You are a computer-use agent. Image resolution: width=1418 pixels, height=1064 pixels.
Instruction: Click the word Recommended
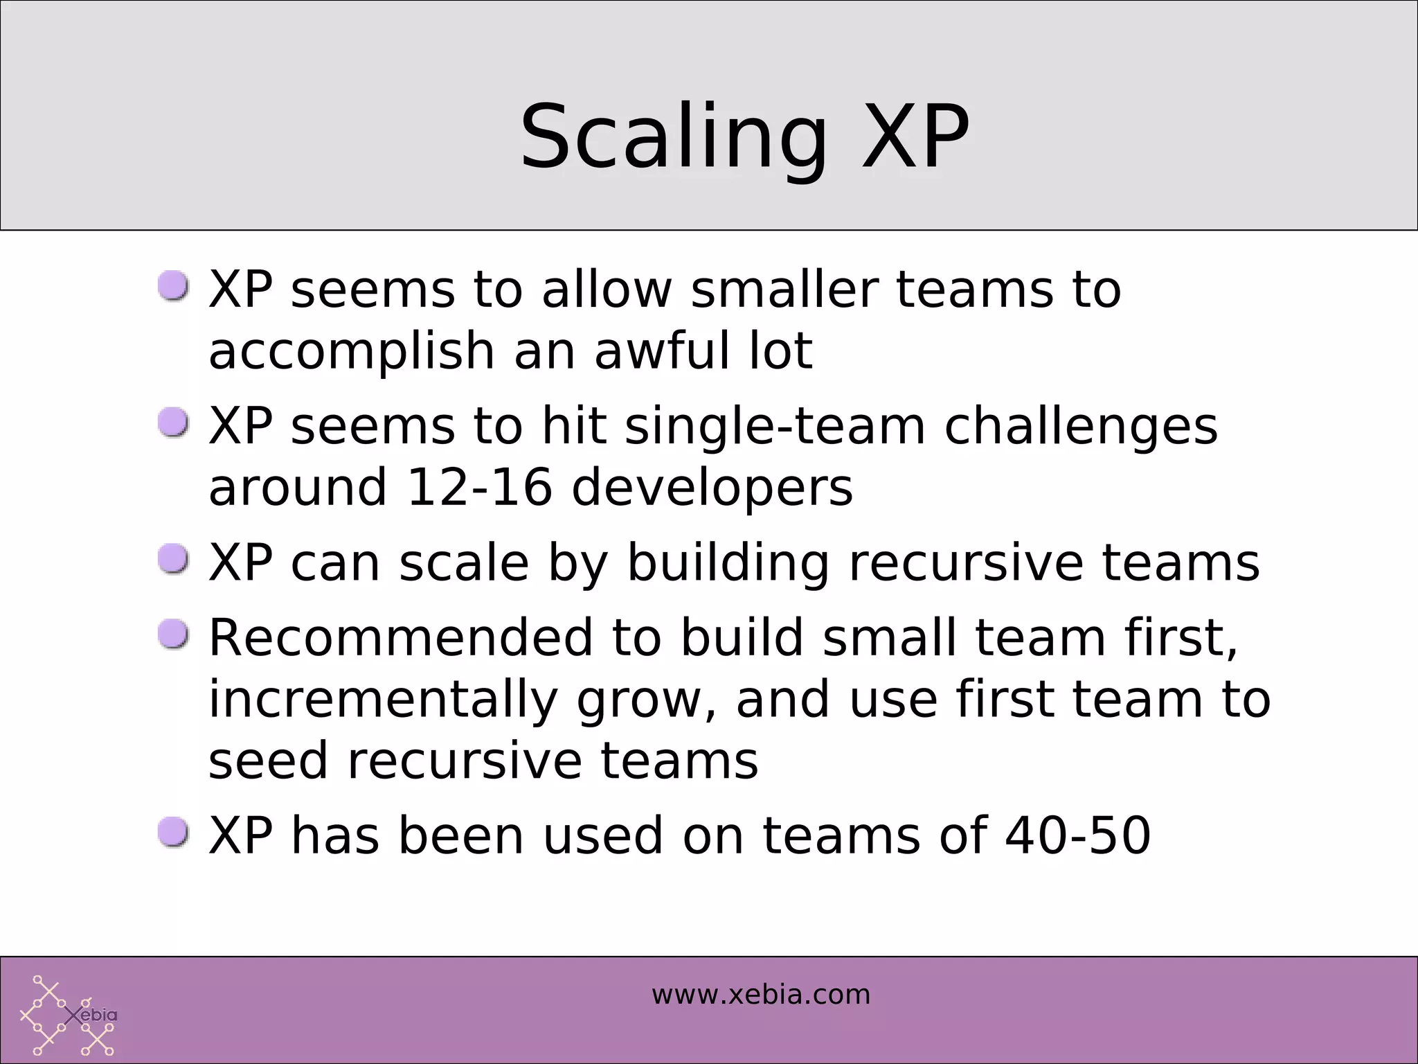[401, 637]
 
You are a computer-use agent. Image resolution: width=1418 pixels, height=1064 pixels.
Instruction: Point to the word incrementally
[383, 699]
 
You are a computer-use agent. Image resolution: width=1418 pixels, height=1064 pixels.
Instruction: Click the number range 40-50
[1077, 835]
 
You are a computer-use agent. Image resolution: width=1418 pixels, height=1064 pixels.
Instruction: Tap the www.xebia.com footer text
[760, 995]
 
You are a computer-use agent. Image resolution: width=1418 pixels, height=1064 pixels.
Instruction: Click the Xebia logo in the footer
[68, 1015]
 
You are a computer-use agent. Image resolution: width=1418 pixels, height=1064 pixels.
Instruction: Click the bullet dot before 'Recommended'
[172, 634]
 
